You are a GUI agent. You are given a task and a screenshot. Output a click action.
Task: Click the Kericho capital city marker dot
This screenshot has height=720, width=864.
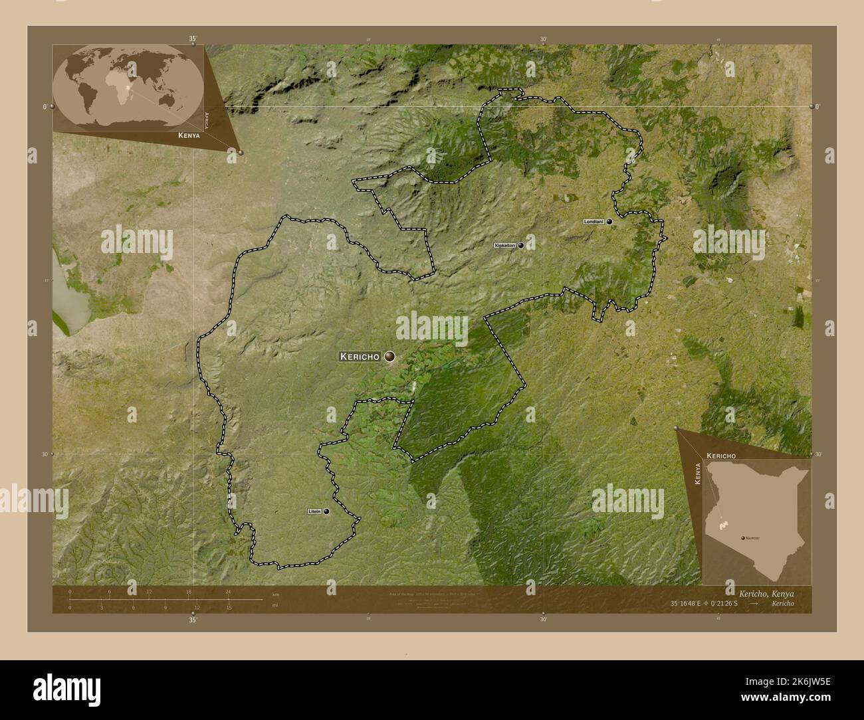[x=389, y=357]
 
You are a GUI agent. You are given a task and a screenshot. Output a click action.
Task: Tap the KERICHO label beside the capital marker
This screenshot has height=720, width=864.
[x=360, y=357]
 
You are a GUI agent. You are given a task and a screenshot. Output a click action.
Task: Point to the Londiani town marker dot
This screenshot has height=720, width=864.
[x=609, y=222]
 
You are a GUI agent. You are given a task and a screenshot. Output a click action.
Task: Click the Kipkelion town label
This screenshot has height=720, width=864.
[x=504, y=246]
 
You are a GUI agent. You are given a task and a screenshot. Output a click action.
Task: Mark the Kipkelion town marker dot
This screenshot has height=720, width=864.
[x=521, y=245]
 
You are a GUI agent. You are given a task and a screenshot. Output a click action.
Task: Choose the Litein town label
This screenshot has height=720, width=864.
[x=314, y=511]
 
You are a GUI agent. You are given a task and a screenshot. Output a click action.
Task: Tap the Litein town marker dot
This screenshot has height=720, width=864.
[x=326, y=511]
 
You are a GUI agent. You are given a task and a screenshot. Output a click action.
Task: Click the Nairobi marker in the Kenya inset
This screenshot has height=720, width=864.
[x=742, y=538]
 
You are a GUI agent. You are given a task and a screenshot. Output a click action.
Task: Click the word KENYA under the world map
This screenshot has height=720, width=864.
[x=189, y=135]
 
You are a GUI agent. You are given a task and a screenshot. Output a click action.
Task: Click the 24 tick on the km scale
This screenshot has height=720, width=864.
[x=228, y=591]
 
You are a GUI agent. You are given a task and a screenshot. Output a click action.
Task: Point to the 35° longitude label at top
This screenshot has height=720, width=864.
[x=193, y=39]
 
